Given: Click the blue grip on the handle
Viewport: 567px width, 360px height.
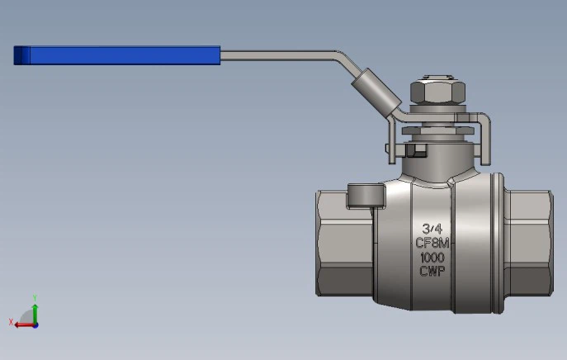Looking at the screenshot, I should pyautogui.click(x=124, y=55).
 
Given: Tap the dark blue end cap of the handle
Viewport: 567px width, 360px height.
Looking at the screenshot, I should pyautogui.click(x=21, y=55).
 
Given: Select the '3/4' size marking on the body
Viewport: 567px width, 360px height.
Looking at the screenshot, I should pyautogui.click(x=432, y=229).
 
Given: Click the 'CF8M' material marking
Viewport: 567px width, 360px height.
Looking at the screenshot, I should pyautogui.click(x=432, y=243).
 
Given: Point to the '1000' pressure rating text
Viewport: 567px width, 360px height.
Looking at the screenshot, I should pyautogui.click(x=432, y=257).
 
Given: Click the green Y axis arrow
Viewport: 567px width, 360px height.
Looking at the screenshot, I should pyautogui.click(x=35, y=307).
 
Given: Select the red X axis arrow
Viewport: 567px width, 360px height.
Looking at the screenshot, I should pyautogui.click(x=25, y=324).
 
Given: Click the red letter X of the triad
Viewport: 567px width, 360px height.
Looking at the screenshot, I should pyautogui.click(x=11, y=321).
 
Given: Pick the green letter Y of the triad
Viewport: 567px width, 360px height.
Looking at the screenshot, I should pyautogui.click(x=35, y=296).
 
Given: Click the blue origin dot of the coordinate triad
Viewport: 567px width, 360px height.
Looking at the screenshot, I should pyautogui.click(x=35, y=324).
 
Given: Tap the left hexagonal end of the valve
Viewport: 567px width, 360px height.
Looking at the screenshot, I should pyautogui.click(x=343, y=243).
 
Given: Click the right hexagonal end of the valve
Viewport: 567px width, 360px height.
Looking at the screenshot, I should pyautogui.click(x=528, y=243).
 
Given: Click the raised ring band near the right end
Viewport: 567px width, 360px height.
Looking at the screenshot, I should pyautogui.click(x=498, y=243).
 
